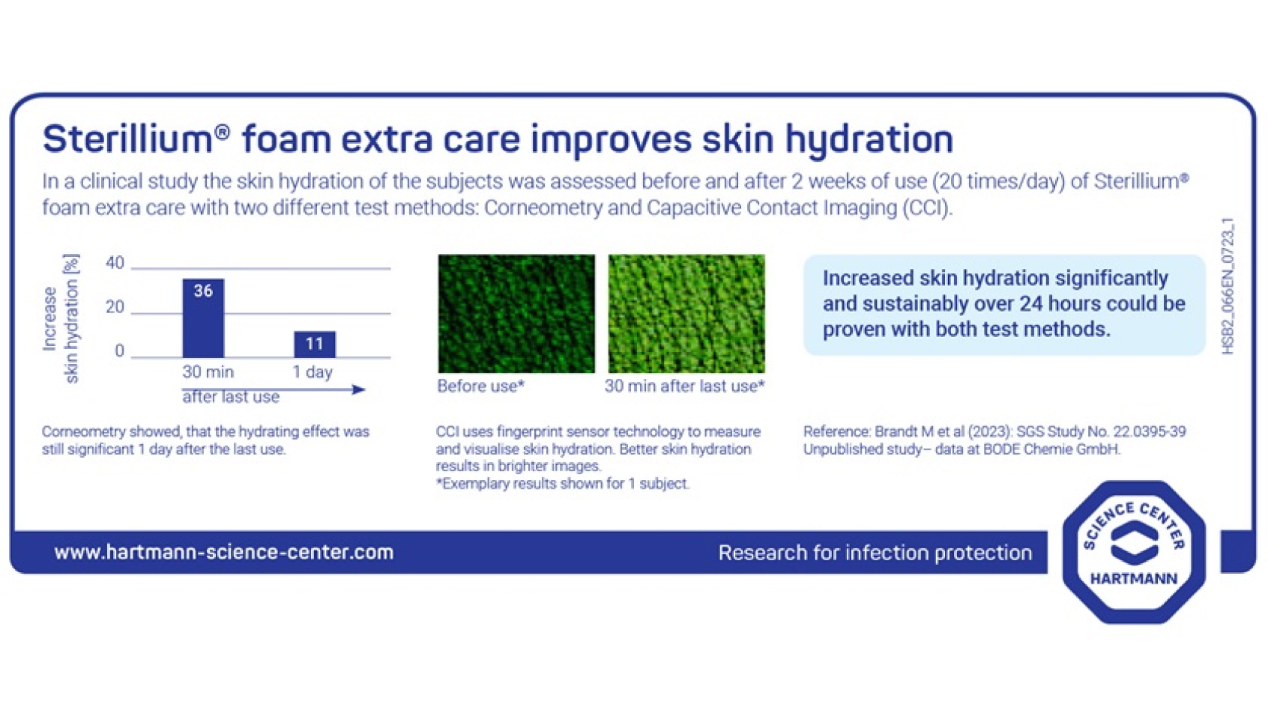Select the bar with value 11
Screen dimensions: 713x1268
314,345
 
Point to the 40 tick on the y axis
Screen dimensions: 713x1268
115,263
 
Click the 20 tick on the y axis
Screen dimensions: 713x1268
115,307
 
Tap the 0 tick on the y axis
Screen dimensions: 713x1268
119,351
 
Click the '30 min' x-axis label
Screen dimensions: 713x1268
208,372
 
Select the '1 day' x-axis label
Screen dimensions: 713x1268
313,372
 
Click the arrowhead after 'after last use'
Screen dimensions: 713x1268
359,389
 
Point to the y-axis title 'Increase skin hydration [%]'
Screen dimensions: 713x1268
60,319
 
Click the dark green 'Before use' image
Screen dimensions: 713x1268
516,313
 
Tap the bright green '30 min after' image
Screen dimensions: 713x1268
686,313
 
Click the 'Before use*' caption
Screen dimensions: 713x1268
480,386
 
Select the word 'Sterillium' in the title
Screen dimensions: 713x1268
128,139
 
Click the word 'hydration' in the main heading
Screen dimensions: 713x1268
869,139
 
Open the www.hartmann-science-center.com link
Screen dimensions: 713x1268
223,553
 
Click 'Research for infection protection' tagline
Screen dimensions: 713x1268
875,553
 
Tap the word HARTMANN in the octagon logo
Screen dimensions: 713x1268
1133,579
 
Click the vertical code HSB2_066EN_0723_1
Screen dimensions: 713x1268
1228,286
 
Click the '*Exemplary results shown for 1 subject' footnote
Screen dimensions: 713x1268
562,484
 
